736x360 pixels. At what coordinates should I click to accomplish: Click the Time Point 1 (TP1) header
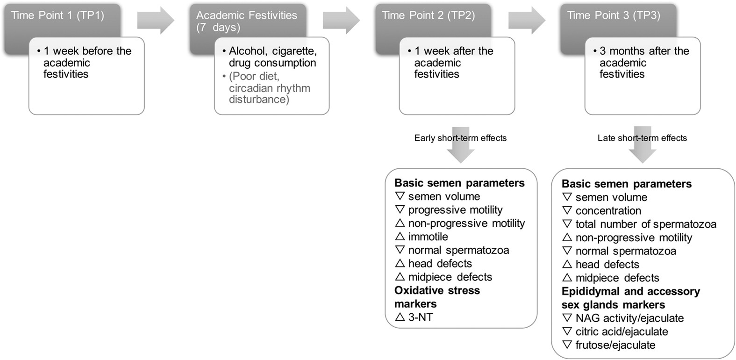click(57, 15)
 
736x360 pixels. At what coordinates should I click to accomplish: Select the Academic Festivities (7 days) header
click(246, 21)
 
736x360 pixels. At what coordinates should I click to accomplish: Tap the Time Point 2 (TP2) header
click(428, 15)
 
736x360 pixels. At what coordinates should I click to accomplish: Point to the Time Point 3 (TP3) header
click(613, 15)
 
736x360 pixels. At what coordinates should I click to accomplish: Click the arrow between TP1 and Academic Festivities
click(156, 21)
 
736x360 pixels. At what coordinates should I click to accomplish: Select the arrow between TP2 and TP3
click(527, 21)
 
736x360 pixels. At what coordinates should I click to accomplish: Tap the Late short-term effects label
click(642, 138)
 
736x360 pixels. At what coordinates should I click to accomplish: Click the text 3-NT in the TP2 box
click(421, 317)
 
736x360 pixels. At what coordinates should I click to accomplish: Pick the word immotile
click(428, 237)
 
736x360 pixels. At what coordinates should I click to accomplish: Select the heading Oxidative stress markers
click(436, 297)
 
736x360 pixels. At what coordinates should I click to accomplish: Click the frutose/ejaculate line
click(615, 345)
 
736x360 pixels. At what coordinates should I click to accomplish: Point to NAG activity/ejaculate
click(629, 318)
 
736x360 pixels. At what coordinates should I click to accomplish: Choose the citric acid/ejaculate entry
click(622, 332)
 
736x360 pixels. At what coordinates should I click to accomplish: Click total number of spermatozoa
click(645, 224)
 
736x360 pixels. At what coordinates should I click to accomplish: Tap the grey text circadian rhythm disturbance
click(269, 94)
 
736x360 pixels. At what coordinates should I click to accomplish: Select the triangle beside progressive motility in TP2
click(400, 209)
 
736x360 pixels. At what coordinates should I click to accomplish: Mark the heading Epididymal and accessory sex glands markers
click(630, 298)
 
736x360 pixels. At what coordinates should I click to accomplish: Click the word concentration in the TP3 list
click(608, 211)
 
